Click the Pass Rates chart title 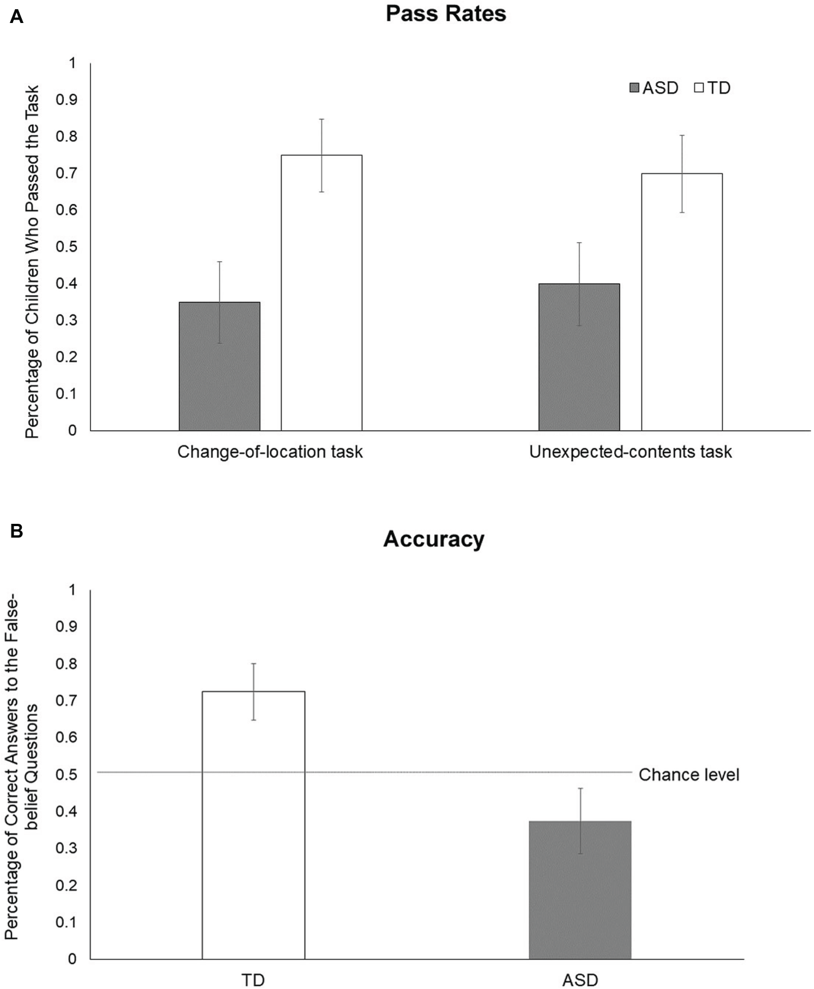446,14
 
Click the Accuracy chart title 434,539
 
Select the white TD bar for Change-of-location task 321,293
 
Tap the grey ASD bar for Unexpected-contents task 579,357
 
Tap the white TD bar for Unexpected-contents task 681,302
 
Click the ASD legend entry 654,88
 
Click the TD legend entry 713,88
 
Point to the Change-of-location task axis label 270,452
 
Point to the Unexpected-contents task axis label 630,452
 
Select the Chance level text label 689,775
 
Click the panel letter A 17,17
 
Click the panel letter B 17,530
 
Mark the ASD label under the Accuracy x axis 580,980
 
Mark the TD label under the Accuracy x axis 253,980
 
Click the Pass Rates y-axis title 32,262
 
